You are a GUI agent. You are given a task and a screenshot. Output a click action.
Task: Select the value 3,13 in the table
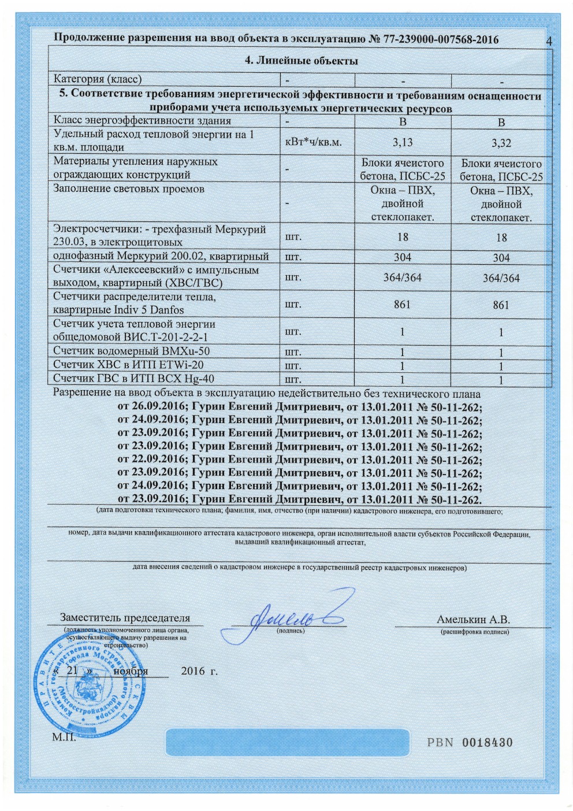pos(403,142)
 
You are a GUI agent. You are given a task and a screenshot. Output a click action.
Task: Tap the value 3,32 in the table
pos(501,143)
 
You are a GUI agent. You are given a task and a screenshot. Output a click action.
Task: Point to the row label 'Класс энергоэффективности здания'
pos(142,121)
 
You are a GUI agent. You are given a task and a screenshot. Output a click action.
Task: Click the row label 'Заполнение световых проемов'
pos(129,189)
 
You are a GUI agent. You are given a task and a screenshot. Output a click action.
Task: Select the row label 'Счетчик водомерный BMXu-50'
pos(132,351)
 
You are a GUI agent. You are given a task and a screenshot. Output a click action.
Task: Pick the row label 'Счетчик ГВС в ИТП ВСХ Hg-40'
pos(133,379)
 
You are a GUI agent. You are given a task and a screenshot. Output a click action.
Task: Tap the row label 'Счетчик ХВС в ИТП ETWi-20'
pos(128,365)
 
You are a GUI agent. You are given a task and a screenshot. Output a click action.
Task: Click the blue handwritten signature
pos(295,613)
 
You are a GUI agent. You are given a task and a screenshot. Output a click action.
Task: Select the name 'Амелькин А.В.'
pos(473,620)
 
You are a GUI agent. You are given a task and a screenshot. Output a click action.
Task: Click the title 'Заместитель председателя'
pos(125,618)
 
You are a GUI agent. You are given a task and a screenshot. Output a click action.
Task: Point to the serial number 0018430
pos(487,742)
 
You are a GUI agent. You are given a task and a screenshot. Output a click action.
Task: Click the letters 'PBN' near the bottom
pos(440,742)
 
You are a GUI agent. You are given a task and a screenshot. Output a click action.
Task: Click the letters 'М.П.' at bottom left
pos(64,737)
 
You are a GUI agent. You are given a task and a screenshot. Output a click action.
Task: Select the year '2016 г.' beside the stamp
pos(199,671)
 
